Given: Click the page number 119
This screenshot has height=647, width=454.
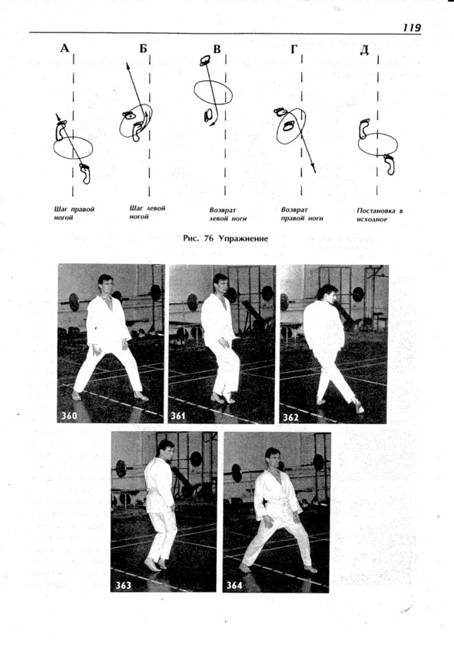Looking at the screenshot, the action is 412,28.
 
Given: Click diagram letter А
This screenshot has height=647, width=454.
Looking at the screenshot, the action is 65,48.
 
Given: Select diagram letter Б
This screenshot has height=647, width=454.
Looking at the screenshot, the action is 143,49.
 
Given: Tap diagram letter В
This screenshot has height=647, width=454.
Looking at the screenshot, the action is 217,49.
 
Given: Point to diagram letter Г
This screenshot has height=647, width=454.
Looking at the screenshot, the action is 293,50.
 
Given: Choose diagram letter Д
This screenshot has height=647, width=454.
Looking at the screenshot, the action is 364,51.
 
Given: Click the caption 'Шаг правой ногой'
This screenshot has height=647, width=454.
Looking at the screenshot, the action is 75,214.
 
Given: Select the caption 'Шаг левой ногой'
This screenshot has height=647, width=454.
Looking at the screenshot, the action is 147,212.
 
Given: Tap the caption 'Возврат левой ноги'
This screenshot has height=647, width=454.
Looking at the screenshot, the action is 227,214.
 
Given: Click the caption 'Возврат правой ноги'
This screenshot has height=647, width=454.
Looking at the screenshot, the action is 302,214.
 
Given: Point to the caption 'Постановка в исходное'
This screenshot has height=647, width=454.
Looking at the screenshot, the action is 379,215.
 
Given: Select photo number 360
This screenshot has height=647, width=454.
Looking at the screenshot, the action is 69,416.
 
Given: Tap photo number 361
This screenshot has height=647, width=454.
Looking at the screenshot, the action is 178,416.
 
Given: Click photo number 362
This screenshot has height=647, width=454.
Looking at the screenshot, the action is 290,417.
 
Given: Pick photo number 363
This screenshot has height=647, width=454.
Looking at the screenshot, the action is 123,585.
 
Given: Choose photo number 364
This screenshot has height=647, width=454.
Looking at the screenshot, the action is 234,585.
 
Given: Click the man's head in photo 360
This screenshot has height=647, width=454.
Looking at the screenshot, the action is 105,284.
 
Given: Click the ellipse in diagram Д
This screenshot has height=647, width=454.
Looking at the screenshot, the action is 358,144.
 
